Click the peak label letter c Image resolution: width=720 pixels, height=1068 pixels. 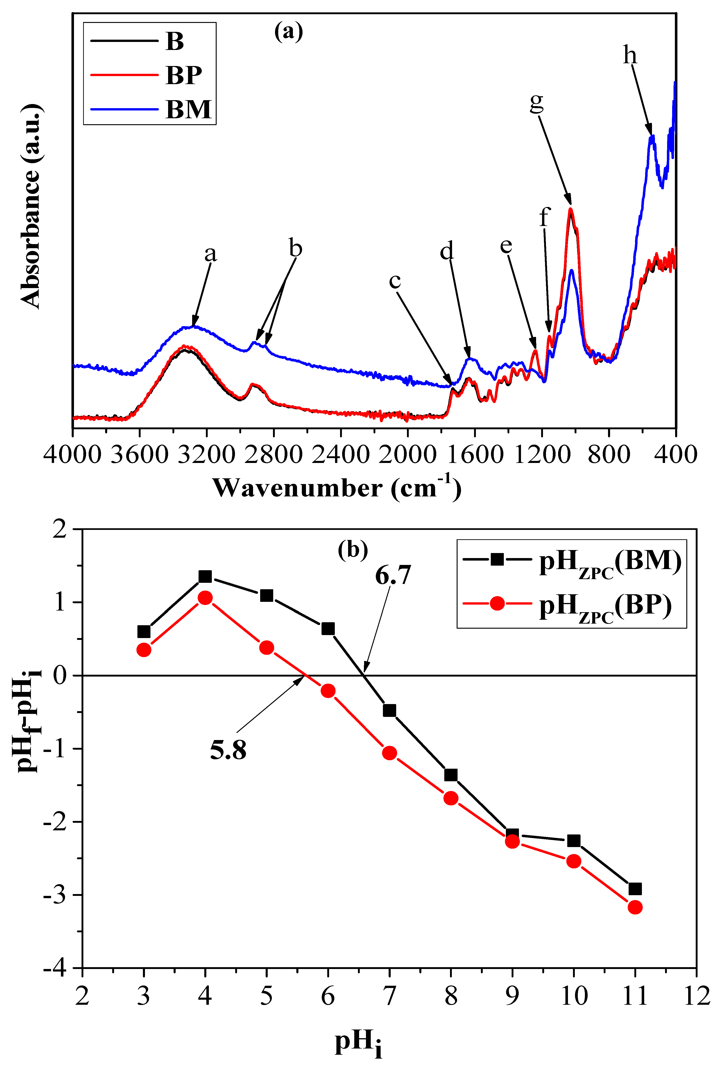pos(395,281)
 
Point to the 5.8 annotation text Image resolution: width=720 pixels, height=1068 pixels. pos(228,750)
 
